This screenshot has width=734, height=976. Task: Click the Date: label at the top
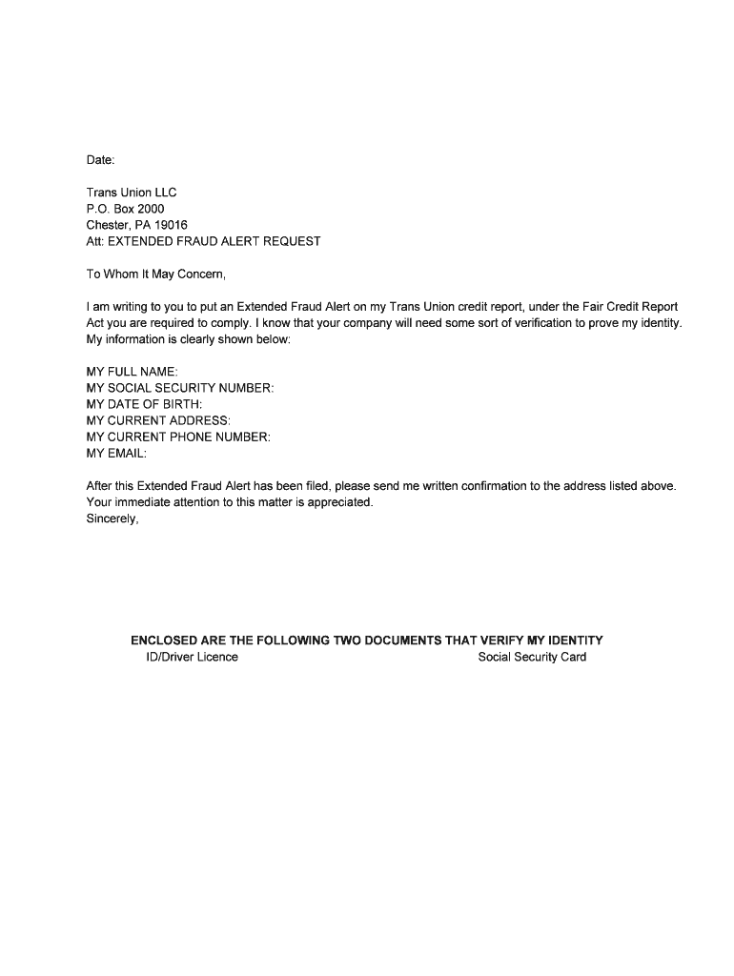pos(100,159)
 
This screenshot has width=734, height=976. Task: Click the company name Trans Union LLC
pos(132,193)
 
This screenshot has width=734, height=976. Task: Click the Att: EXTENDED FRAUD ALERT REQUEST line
pos(203,241)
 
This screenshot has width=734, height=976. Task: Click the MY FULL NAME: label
pos(132,372)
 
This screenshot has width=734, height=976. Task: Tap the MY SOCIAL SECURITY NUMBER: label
pos(180,388)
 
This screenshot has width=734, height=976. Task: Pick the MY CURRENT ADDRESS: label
pos(158,420)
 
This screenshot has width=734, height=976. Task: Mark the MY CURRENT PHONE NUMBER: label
pos(178,437)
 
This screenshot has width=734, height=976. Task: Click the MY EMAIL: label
pos(116,453)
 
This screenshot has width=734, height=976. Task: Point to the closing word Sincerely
pos(112,518)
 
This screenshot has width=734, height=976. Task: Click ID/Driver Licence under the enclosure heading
pos(185,657)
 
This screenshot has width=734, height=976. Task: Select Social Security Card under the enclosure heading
pos(532,657)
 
